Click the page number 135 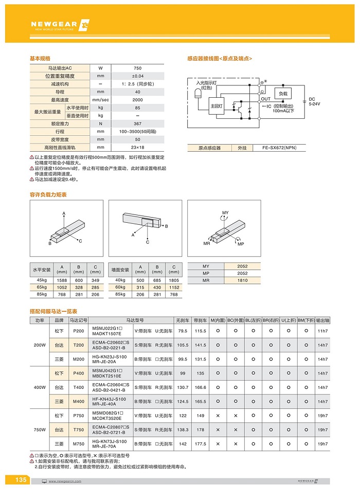21,480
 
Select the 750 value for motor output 137,68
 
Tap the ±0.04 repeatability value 137,76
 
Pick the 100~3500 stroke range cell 137,132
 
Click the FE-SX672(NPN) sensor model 279,148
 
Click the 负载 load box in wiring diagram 283,94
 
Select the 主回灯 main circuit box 217,106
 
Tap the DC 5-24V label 314,101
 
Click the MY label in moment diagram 225,212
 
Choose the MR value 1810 242,281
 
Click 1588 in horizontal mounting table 63,280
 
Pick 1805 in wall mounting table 174,280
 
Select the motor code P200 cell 79,331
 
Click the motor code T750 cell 79,430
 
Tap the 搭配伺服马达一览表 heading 54,312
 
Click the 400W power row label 40,387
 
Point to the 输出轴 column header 322,320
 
